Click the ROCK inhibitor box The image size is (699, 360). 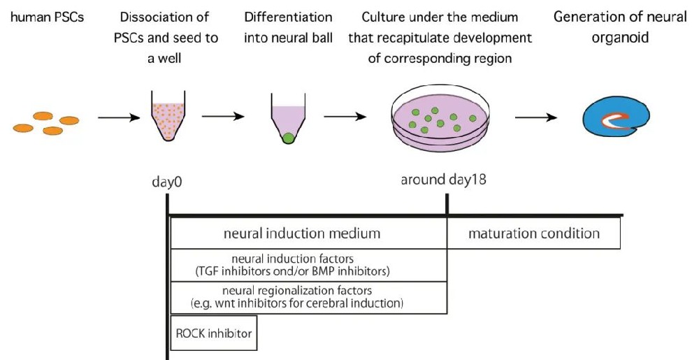[x=212, y=333]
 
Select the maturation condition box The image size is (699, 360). [x=534, y=233]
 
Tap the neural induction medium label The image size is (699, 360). [x=308, y=233]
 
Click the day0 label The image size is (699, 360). [x=167, y=181]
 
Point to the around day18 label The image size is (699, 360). [x=443, y=180]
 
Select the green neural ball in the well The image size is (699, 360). [x=288, y=138]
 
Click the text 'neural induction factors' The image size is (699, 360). [x=308, y=259]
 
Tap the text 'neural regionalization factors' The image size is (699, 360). [x=308, y=290]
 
